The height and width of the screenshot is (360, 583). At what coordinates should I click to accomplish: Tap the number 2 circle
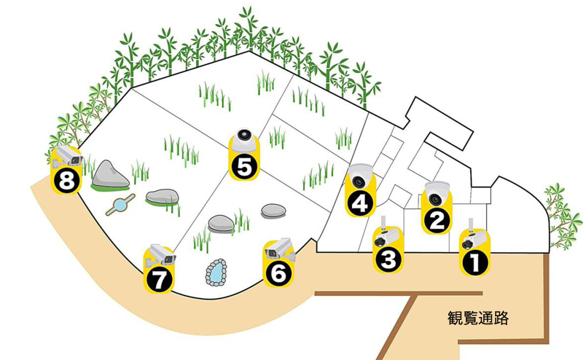click(x=437, y=220)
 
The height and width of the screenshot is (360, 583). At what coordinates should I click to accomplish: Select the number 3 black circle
click(x=388, y=259)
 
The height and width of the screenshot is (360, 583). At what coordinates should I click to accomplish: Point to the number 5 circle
click(x=244, y=167)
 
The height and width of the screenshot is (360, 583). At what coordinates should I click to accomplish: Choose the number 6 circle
click(x=278, y=273)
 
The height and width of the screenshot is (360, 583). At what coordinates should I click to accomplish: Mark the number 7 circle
click(x=159, y=279)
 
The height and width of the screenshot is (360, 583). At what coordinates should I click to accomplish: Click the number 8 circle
click(x=66, y=181)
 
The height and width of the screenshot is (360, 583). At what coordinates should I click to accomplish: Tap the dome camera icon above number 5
click(x=244, y=141)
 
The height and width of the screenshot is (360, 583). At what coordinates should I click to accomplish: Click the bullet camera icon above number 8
click(x=68, y=156)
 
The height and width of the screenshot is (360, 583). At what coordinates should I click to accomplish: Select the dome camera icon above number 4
click(x=360, y=175)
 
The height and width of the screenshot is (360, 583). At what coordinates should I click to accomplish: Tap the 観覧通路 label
click(x=478, y=318)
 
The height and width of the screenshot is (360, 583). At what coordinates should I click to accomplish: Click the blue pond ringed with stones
click(x=216, y=273)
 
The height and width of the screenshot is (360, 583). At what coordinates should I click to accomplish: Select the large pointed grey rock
click(x=111, y=174)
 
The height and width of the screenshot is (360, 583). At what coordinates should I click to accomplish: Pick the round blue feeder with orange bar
click(x=120, y=205)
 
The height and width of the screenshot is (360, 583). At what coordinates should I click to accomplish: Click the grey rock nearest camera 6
click(x=274, y=211)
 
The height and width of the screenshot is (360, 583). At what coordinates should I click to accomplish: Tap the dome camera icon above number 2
click(x=437, y=193)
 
